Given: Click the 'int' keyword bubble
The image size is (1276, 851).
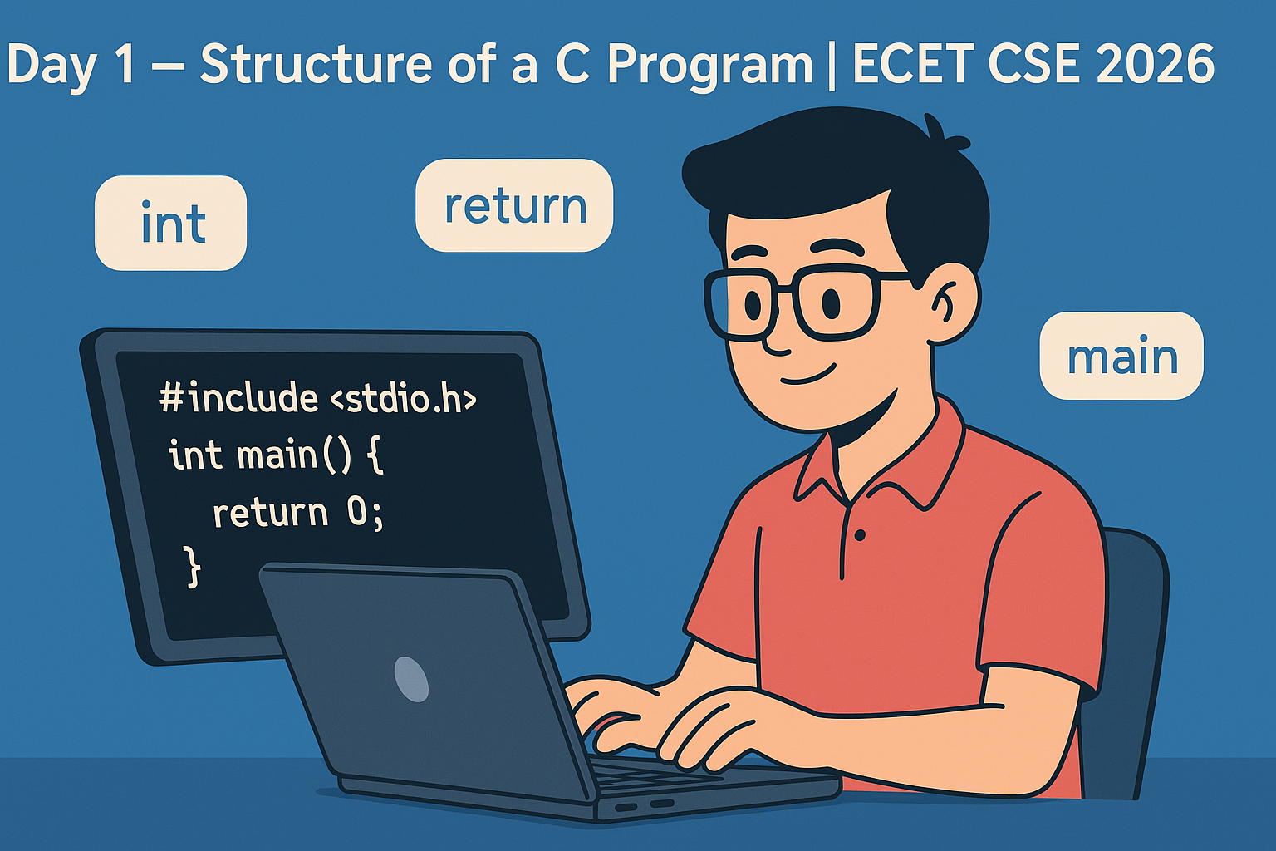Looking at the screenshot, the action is (171, 223).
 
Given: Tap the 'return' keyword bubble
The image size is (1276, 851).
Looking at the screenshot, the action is (514, 205).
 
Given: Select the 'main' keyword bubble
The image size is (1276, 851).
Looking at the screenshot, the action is (1121, 356).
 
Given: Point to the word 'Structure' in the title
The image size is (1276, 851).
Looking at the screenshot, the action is (317, 64).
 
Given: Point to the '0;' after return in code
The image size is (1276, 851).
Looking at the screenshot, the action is (366, 512).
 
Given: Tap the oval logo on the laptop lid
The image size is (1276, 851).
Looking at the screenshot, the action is (411, 679).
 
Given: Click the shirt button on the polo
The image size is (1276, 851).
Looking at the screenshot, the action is (860, 534).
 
